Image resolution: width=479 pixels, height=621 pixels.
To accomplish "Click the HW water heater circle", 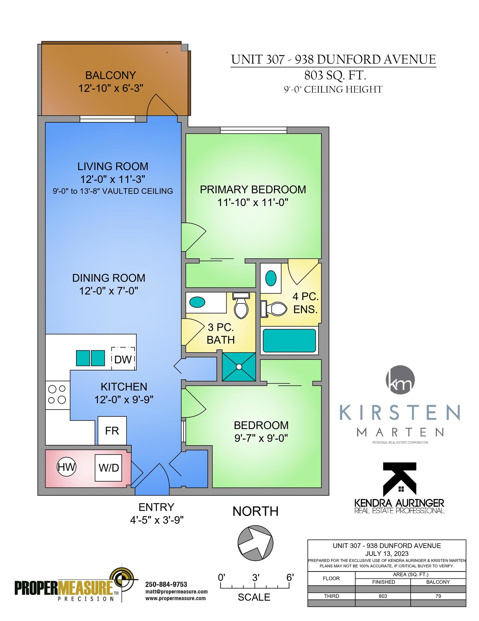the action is (66, 467).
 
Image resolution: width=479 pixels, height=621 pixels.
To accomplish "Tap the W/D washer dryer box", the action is (108, 468).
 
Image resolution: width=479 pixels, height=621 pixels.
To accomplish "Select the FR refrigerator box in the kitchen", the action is (112, 431).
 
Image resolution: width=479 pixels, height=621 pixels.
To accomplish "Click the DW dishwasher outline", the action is (123, 359).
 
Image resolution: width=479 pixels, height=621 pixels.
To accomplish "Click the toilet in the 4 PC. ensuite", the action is (274, 309).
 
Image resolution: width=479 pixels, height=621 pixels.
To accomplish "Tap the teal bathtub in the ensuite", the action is (289, 340).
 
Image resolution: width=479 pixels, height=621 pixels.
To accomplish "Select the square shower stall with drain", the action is (239, 366).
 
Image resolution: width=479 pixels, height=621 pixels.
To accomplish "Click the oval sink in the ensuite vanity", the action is (271, 278).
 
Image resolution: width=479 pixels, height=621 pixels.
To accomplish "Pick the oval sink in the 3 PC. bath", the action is (197, 302).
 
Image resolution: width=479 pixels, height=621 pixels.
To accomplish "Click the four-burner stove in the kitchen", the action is (57, 395).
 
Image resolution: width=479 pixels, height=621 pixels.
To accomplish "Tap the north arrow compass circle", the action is (255, 543).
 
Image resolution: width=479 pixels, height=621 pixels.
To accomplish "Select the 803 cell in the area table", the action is (383, 596).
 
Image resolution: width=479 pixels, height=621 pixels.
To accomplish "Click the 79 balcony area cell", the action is (438, 596).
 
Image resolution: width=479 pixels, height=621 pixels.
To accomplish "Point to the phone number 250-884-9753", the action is (166, 584).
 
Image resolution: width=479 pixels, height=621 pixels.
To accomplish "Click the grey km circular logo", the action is (400, 380).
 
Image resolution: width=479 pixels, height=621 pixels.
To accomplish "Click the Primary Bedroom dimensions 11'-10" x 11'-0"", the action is (253, 202).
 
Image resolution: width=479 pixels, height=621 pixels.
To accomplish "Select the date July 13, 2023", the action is (387, 554).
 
